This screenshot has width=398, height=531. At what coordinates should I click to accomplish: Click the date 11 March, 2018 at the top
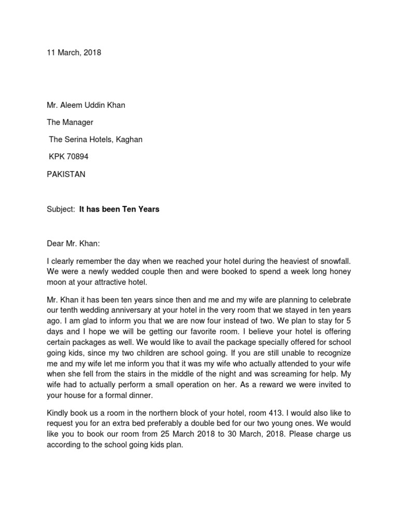click(x=74, y=52)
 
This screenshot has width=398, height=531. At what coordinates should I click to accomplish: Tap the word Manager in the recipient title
click(x=78, y=122)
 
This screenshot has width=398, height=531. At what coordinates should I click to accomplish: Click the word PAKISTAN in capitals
click(x=66, y=174)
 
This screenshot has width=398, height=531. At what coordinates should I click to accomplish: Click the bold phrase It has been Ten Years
click(x=119, y=209)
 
